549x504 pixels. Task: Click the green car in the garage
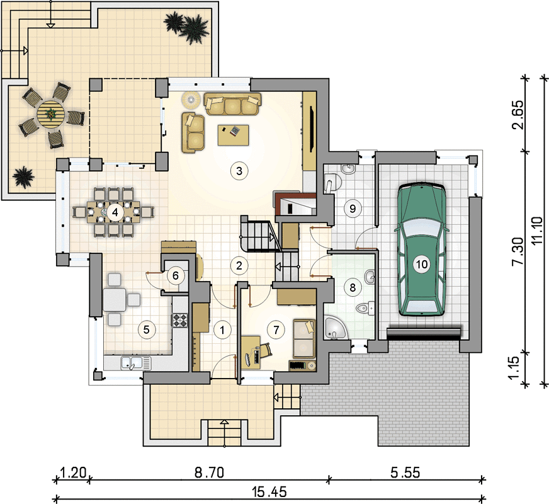pyautogui.click(x=422, y=250)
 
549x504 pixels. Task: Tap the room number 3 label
pyautogui.click(x=239, y=171)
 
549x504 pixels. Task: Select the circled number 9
pyautogui.click(x=353, y=209)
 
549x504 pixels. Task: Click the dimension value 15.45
pyautogui.click(x=269, y=492)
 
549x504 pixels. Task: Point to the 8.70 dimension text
pyautogui.click(x=209, y=472)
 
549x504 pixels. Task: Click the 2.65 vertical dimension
pyautogui.click(x=518, y=115)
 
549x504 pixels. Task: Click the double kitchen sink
pyautogui.click(x=136, y=363)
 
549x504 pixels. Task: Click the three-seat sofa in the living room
pyautogui.click(x=232, y=104)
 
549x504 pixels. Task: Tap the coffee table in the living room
pyautogui.click(x=233, y=135)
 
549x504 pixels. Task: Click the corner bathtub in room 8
pyautogui.click(x=335, y=328)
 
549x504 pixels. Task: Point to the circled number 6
pyautogui.click(x=176, y=276)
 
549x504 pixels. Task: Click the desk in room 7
pyautogui.click(x=251, y=352)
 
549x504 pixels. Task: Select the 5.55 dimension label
pyautogui.click(x=405, y=472)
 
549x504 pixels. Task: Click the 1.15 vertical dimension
pyautogui.click(x=518, y=367)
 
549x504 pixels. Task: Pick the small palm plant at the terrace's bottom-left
pyautogui.click(x=23, y=177)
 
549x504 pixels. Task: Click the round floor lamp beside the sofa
pyautogui.click(x=191, y=99)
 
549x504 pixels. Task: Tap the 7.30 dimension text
pyautogui.click(x=518, y=251)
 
